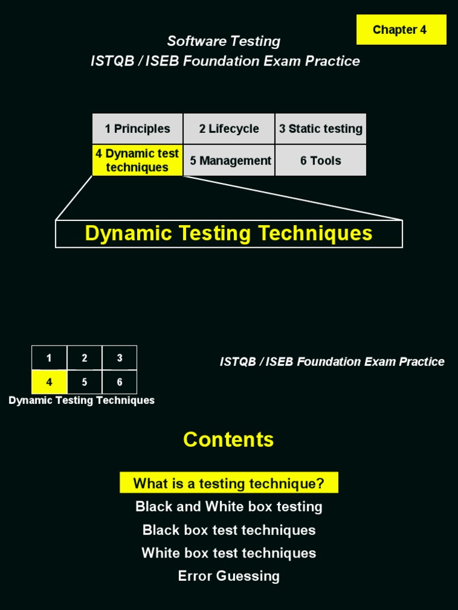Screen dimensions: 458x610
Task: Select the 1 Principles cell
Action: [137, 129]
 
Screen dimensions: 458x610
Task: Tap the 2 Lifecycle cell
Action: [229, 129]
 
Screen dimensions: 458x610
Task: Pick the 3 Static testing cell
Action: [321, 129]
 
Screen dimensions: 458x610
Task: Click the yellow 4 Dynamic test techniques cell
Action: [137, 160]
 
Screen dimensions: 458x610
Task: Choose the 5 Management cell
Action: [230, 161]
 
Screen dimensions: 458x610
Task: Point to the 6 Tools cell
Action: [321, 161]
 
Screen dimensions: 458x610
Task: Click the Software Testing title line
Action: [224, 41]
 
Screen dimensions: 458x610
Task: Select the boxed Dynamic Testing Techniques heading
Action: [229, 234]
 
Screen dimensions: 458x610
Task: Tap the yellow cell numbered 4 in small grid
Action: [49, 382]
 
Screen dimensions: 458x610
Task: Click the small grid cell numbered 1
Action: [49, 358]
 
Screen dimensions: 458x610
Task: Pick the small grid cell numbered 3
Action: [119, 358]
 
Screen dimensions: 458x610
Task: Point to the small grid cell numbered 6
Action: [119, 382]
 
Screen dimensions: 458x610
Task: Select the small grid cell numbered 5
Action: [84, 382]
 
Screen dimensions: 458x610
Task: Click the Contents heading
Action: [228, 440]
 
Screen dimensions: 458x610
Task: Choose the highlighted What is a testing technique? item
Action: [229, 483]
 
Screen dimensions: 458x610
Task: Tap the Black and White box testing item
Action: [229, 507]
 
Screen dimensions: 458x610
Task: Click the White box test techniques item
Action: [229, 553]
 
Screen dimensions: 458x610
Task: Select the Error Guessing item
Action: [229, 576]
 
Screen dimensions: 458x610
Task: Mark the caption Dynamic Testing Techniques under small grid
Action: [82, 400]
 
